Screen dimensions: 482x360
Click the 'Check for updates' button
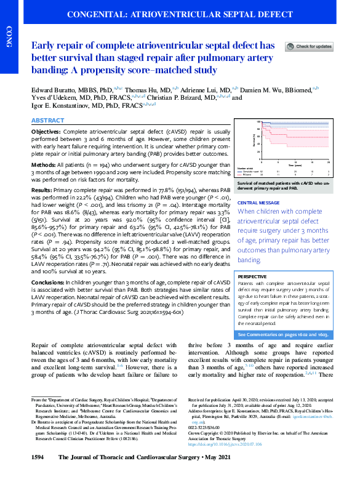pyautogui.click(x=309, y=47)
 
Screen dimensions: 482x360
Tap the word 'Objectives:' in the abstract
pyautogui.click(x=48, y=132)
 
